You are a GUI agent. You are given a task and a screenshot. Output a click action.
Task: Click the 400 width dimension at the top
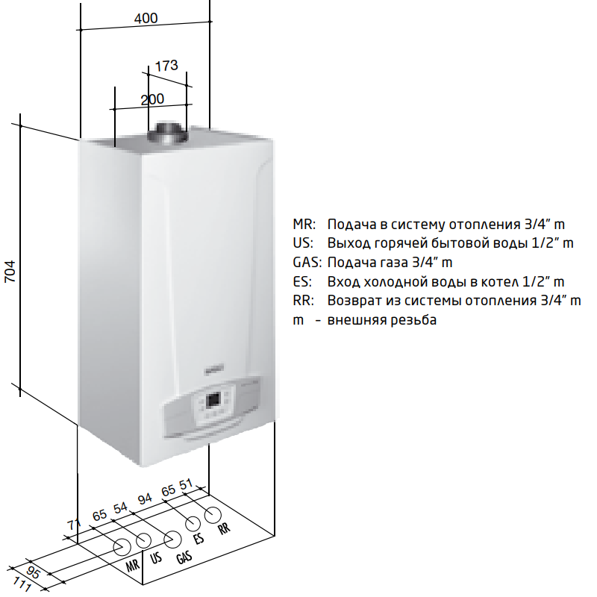pyautogui.click(x=146, y=19)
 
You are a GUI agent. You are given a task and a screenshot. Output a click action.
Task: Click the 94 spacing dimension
pyautogui.click(x=145, y=498)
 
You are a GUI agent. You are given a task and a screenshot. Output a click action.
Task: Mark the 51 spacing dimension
pyautogui.click(x=187, y=483)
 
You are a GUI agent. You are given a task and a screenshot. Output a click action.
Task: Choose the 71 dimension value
pyautogui.click(x=74, y=525)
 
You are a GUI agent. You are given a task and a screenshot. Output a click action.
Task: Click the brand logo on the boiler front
pyautogui.click(x=210, y=367)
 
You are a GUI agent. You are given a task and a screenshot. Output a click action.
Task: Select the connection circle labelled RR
pyautogui.click(x=213, y=514)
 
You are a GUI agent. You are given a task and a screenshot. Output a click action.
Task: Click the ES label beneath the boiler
pyautogui.click(x=199, y=539)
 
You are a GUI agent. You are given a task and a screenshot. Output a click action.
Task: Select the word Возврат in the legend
pyautogui.click(x=353, y=301)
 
